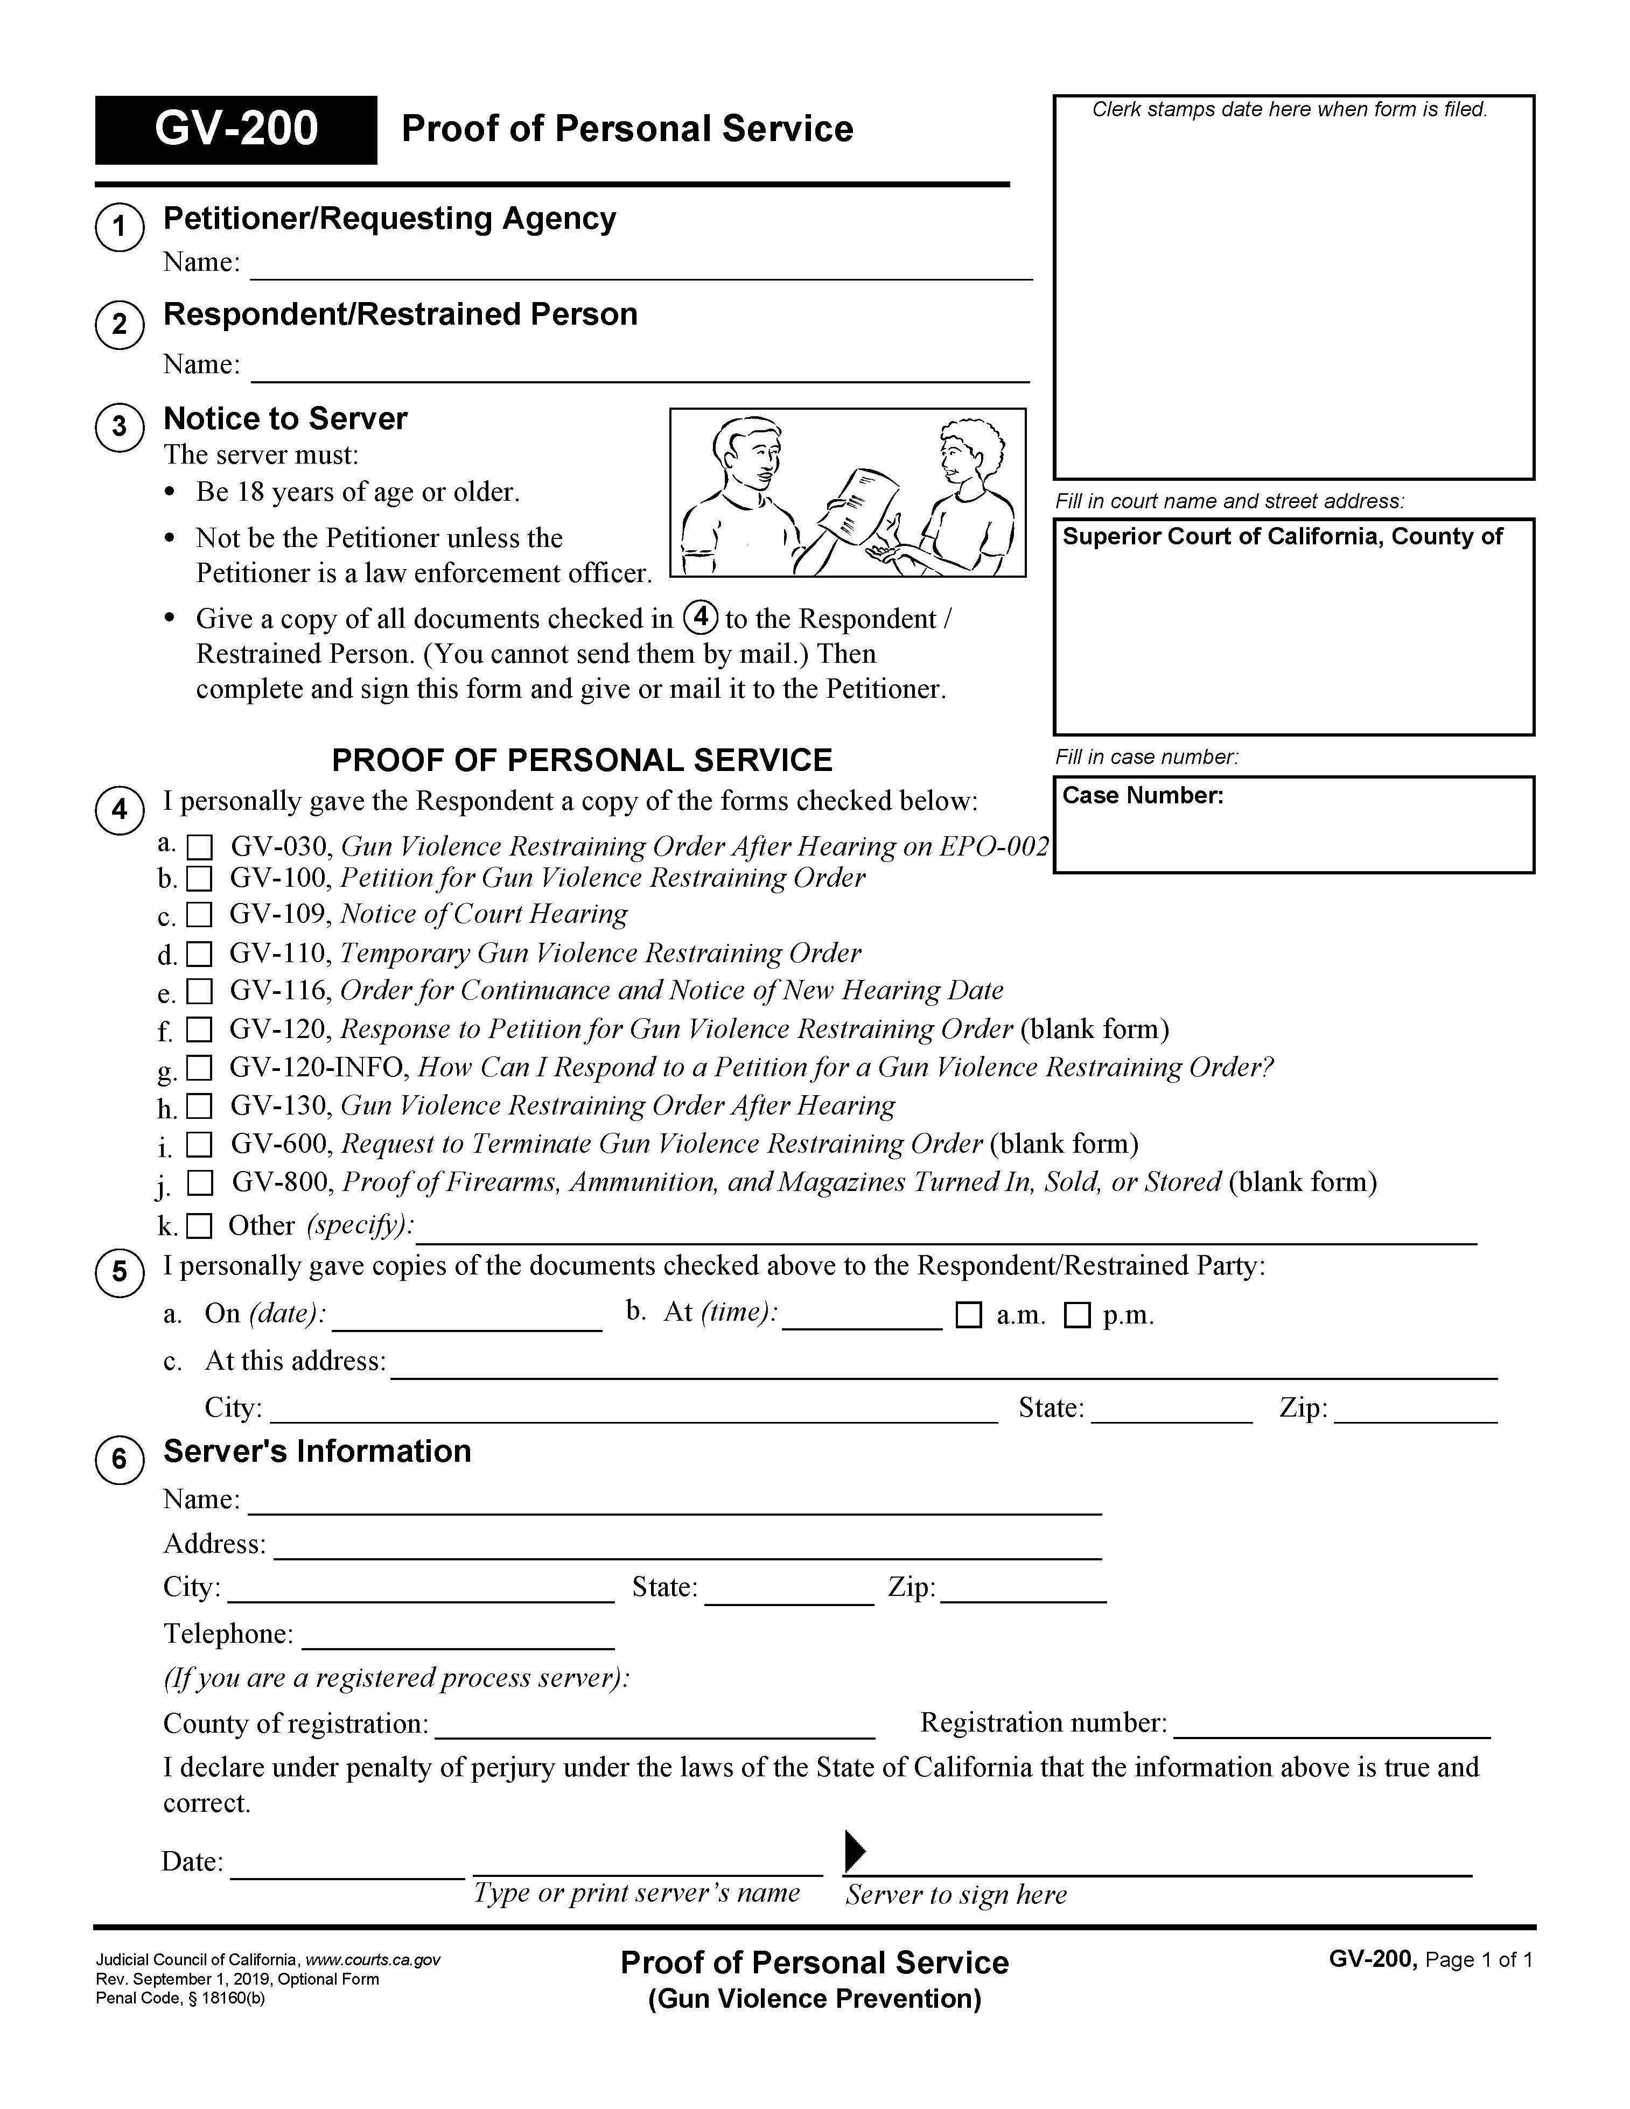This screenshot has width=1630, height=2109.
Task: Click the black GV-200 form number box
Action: [x=236, y=129]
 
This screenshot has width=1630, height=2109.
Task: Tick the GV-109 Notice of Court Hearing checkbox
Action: [x=199, y=914]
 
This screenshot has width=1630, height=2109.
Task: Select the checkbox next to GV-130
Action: [x=199, y=1106]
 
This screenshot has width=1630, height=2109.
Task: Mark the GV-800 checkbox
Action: [x=200, y=1183]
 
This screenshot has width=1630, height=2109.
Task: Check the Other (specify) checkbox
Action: [x=199, y=1227]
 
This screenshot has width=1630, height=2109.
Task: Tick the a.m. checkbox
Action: [x=969, y=1315]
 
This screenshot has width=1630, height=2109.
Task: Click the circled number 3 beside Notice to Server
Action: [x=120, y=426]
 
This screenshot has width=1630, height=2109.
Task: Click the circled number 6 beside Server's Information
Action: [x=120, y=1458]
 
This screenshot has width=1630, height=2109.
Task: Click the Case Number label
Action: [x=1142, y=796]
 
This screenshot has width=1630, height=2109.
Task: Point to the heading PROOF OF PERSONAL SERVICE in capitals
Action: [x=582, y=760]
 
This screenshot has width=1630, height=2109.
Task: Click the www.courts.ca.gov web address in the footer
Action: [x=373, y=1959]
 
